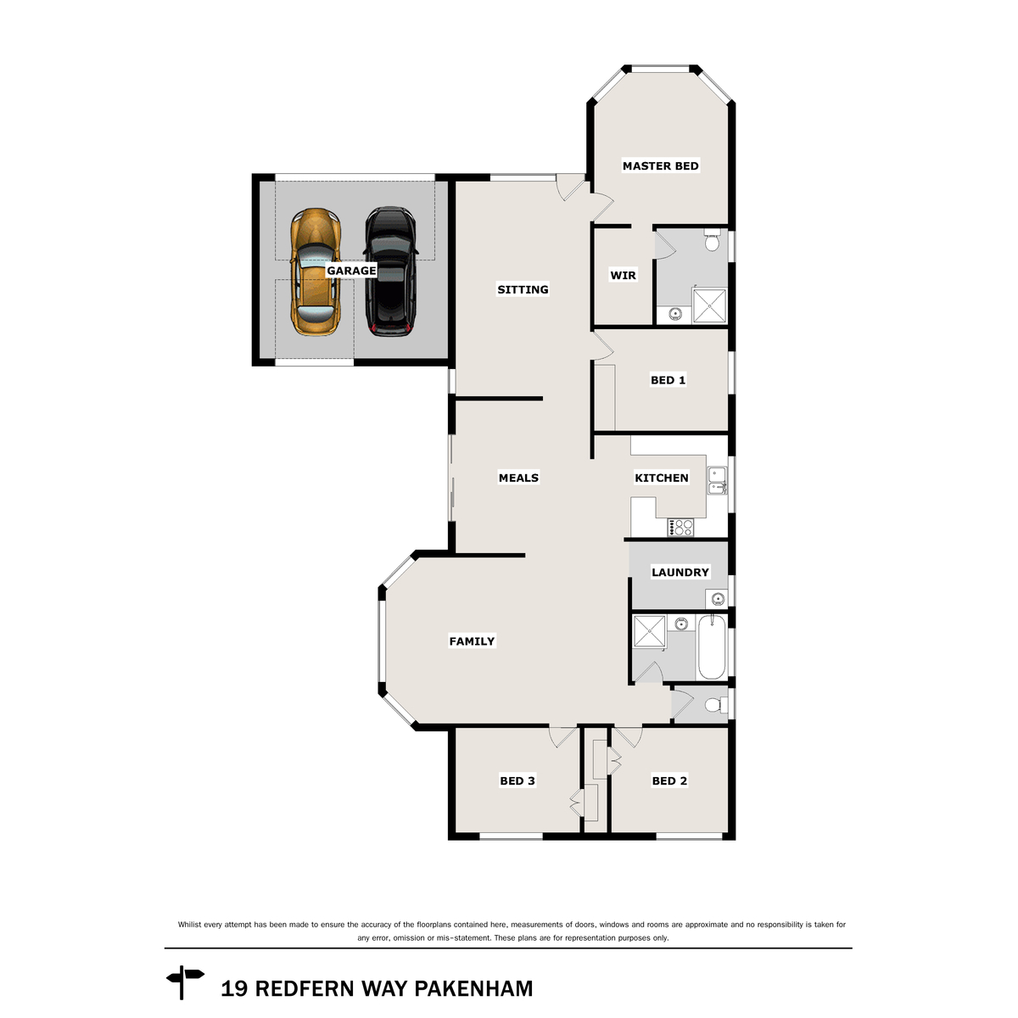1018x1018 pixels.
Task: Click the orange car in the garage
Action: point(316,271)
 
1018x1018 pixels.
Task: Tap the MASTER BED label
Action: point(660,166)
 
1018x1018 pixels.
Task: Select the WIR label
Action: point(623,276)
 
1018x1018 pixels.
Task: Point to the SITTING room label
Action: point(523,290)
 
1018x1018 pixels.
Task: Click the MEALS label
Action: point(518,478)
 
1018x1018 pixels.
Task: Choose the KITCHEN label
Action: point(662,478)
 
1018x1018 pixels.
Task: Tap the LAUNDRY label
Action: point(680,573)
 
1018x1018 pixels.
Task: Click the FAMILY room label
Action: point(472,642)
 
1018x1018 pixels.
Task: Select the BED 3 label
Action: point(517,781)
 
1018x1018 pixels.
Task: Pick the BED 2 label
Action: point(669,781)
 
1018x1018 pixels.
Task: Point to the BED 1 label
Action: point(668,381)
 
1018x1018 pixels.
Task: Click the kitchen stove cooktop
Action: point(680,528)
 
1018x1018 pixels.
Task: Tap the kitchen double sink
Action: point(717,480)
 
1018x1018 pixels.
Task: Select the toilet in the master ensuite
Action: point(712,243)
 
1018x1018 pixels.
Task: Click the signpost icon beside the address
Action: point(184,982)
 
